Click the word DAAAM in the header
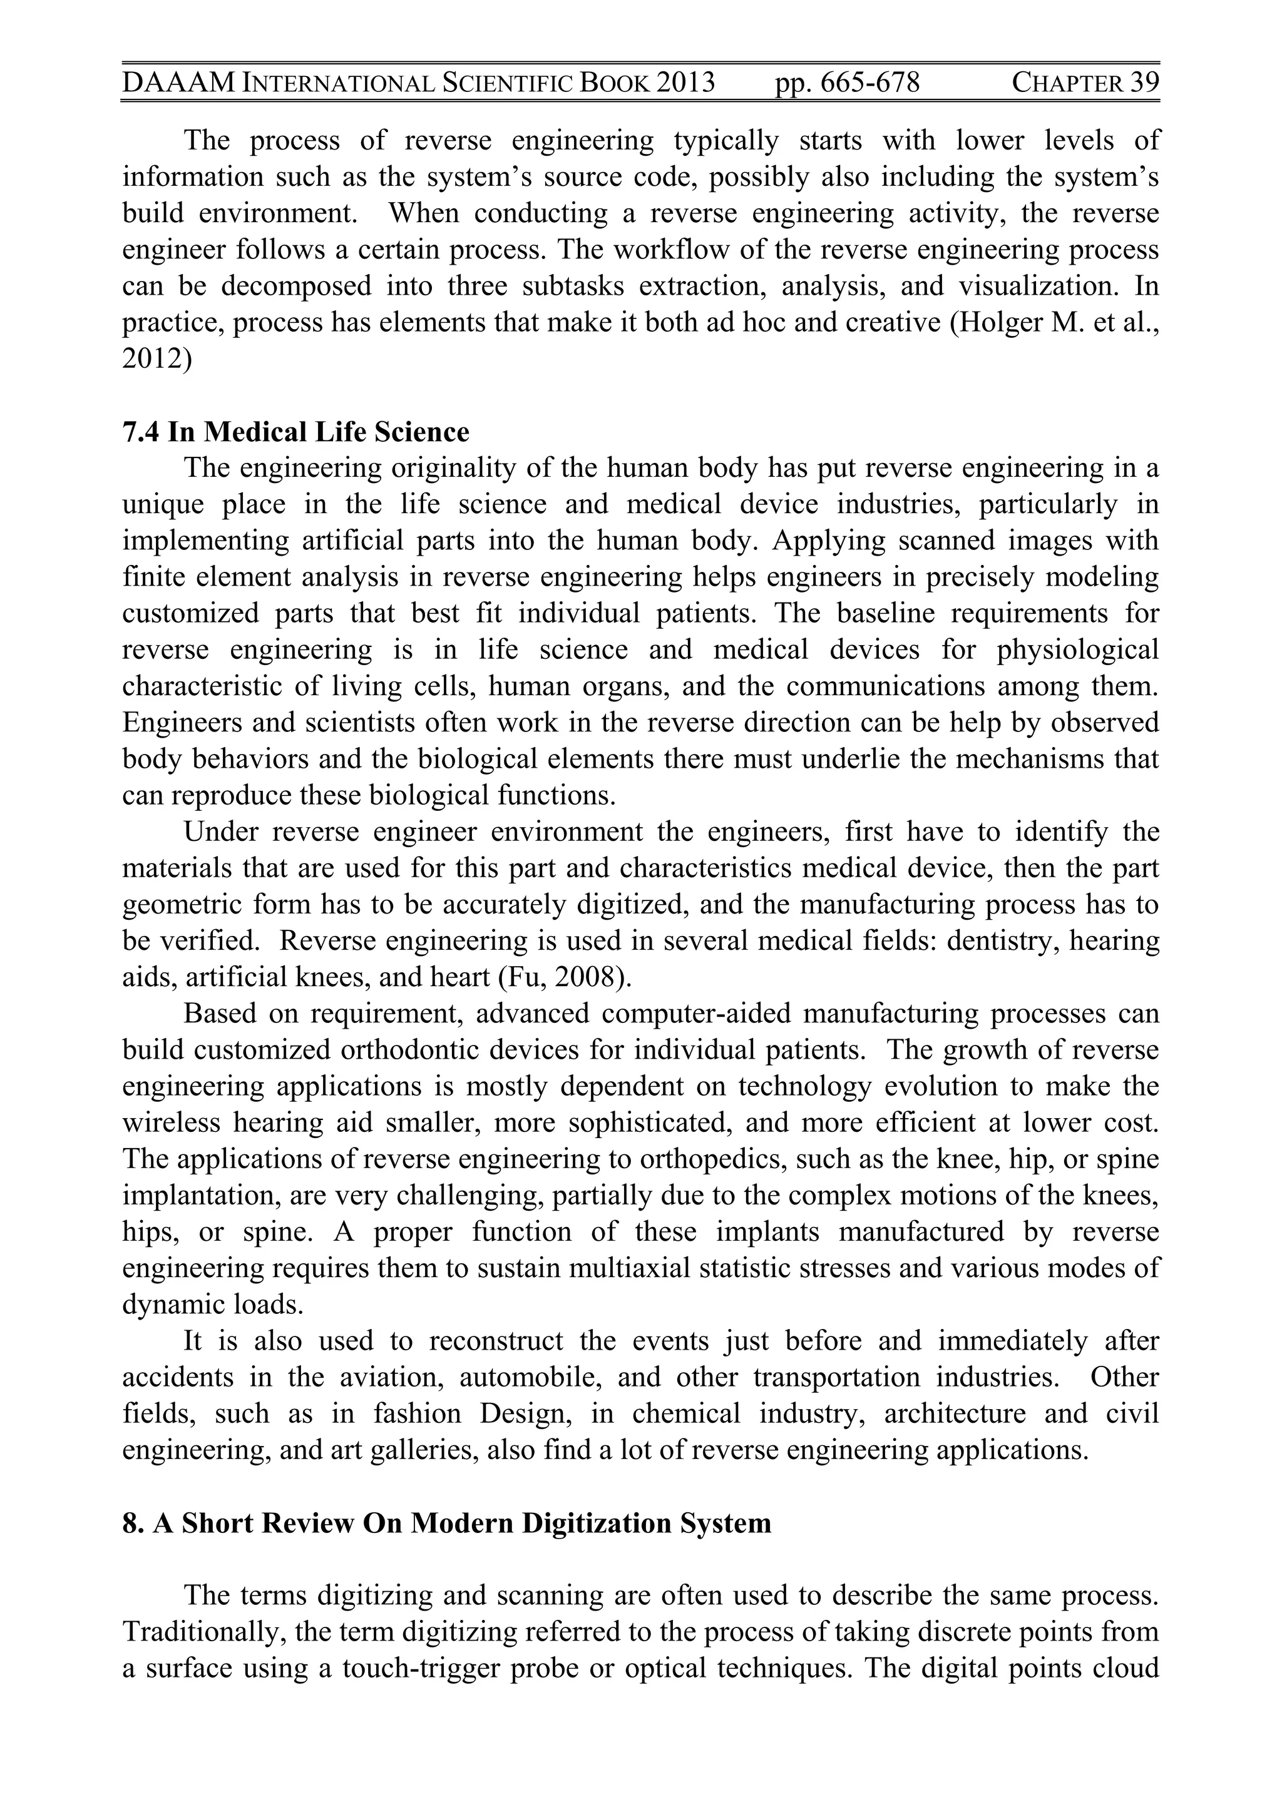click(179, 82)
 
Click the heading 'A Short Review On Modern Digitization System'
click(462, 1523)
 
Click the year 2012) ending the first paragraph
click(157, 359)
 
